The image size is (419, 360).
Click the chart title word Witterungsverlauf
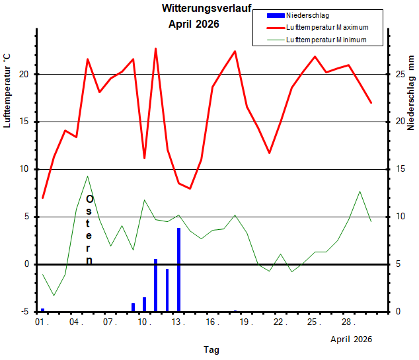click(206, 9)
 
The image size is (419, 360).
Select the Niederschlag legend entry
click(298, 15)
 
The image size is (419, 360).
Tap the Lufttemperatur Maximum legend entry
click(317, 28)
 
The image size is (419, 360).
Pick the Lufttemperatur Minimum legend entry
click(317, 40)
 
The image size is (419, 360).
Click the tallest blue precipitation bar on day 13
click(179, 270)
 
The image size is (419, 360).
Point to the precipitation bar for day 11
click(155, 285)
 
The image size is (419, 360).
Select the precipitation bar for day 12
click(167, 290)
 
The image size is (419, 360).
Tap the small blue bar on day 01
click(42, 310)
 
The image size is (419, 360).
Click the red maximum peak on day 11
click(155, 49)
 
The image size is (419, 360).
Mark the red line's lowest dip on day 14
click(190, 188)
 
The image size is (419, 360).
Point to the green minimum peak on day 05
click(87, 176)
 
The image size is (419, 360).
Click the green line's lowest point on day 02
click(54, 296)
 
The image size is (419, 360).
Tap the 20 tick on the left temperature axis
click(24, 74)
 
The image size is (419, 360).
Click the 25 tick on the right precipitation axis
click(400, 74)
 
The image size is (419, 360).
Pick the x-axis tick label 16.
click(212, 322)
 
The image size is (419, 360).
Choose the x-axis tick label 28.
click(348, 322)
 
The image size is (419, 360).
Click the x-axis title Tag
click(211, 349)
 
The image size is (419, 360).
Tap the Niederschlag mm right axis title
click(410, 93)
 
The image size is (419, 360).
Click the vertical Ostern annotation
click(89, 230)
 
